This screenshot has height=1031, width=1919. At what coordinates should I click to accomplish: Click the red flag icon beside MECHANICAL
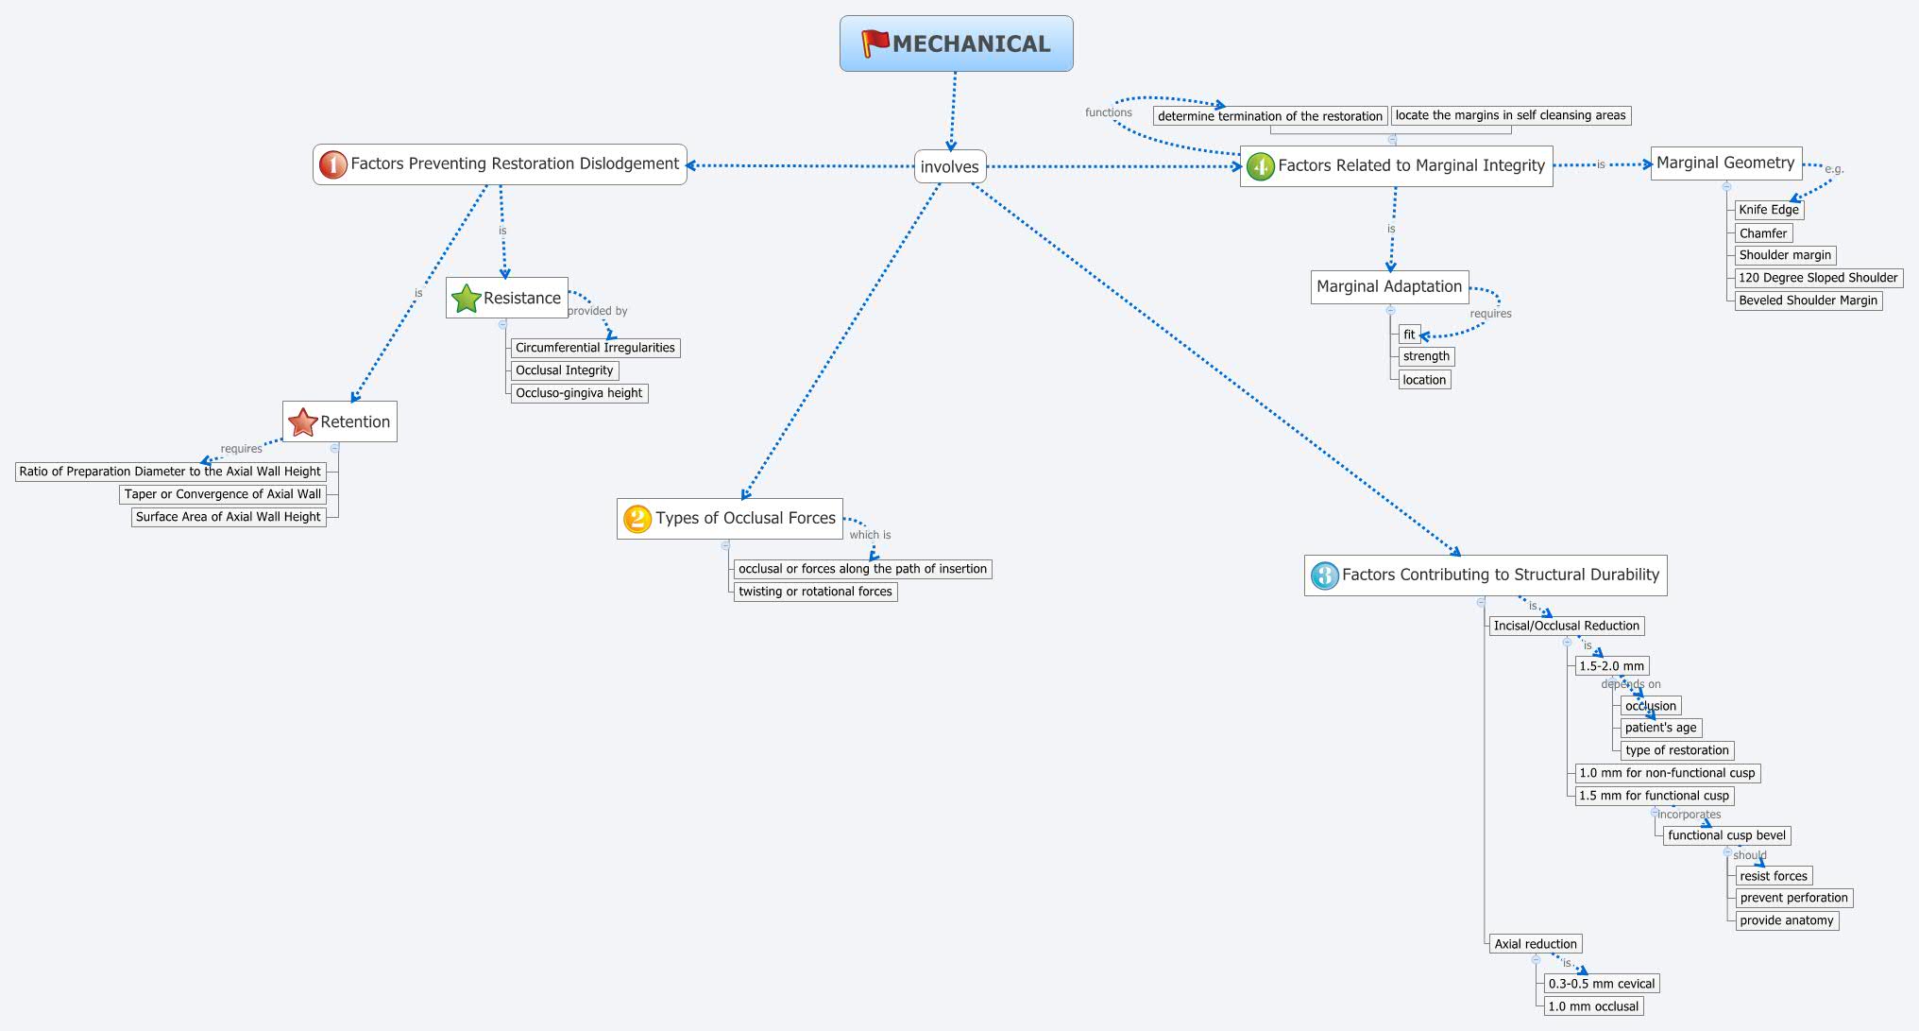click(x=875, y=43)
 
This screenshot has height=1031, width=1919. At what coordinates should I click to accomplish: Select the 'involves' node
click(x=950, y=167)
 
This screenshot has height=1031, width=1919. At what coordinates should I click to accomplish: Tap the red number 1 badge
click(x=332, y=164)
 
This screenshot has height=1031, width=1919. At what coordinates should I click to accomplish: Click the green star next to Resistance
click(x=467, y=299)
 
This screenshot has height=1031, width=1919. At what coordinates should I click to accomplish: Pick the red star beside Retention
click(x=302, y=422)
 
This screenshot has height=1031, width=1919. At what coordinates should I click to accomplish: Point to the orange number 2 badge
click(x=637, y=519)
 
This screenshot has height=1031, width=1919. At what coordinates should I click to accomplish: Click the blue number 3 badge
click(x=1324, y=576)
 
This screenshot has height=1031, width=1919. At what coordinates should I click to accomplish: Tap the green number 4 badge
click(x=1260, y=166)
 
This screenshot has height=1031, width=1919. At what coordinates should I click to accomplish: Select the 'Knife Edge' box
click(x=1769, y=210)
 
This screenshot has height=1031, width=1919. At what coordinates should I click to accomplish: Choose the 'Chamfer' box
click(x=1763, y=233)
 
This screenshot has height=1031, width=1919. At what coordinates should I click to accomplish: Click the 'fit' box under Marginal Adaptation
click(x=1409, y=335)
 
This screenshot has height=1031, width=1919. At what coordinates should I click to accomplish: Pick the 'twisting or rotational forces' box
click(x=815, y=592)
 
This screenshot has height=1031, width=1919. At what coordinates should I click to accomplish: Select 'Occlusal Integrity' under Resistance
click(x=564, y=370)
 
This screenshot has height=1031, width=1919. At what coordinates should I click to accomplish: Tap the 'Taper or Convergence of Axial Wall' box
click(x=223, y=494)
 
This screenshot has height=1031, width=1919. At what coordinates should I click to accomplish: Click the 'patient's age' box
click(x=1660, y=728)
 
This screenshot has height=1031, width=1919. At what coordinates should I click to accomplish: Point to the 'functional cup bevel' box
click(x=1726, y=835)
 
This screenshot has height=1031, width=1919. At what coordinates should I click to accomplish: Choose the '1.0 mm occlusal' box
click(x=1593, y=1006)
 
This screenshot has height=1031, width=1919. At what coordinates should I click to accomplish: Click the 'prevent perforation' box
click(x=1793, y=898)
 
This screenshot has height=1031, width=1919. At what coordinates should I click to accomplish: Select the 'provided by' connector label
click(x=597, y=311)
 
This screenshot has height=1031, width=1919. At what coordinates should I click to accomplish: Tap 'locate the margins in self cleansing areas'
click(x=1510, y=115)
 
